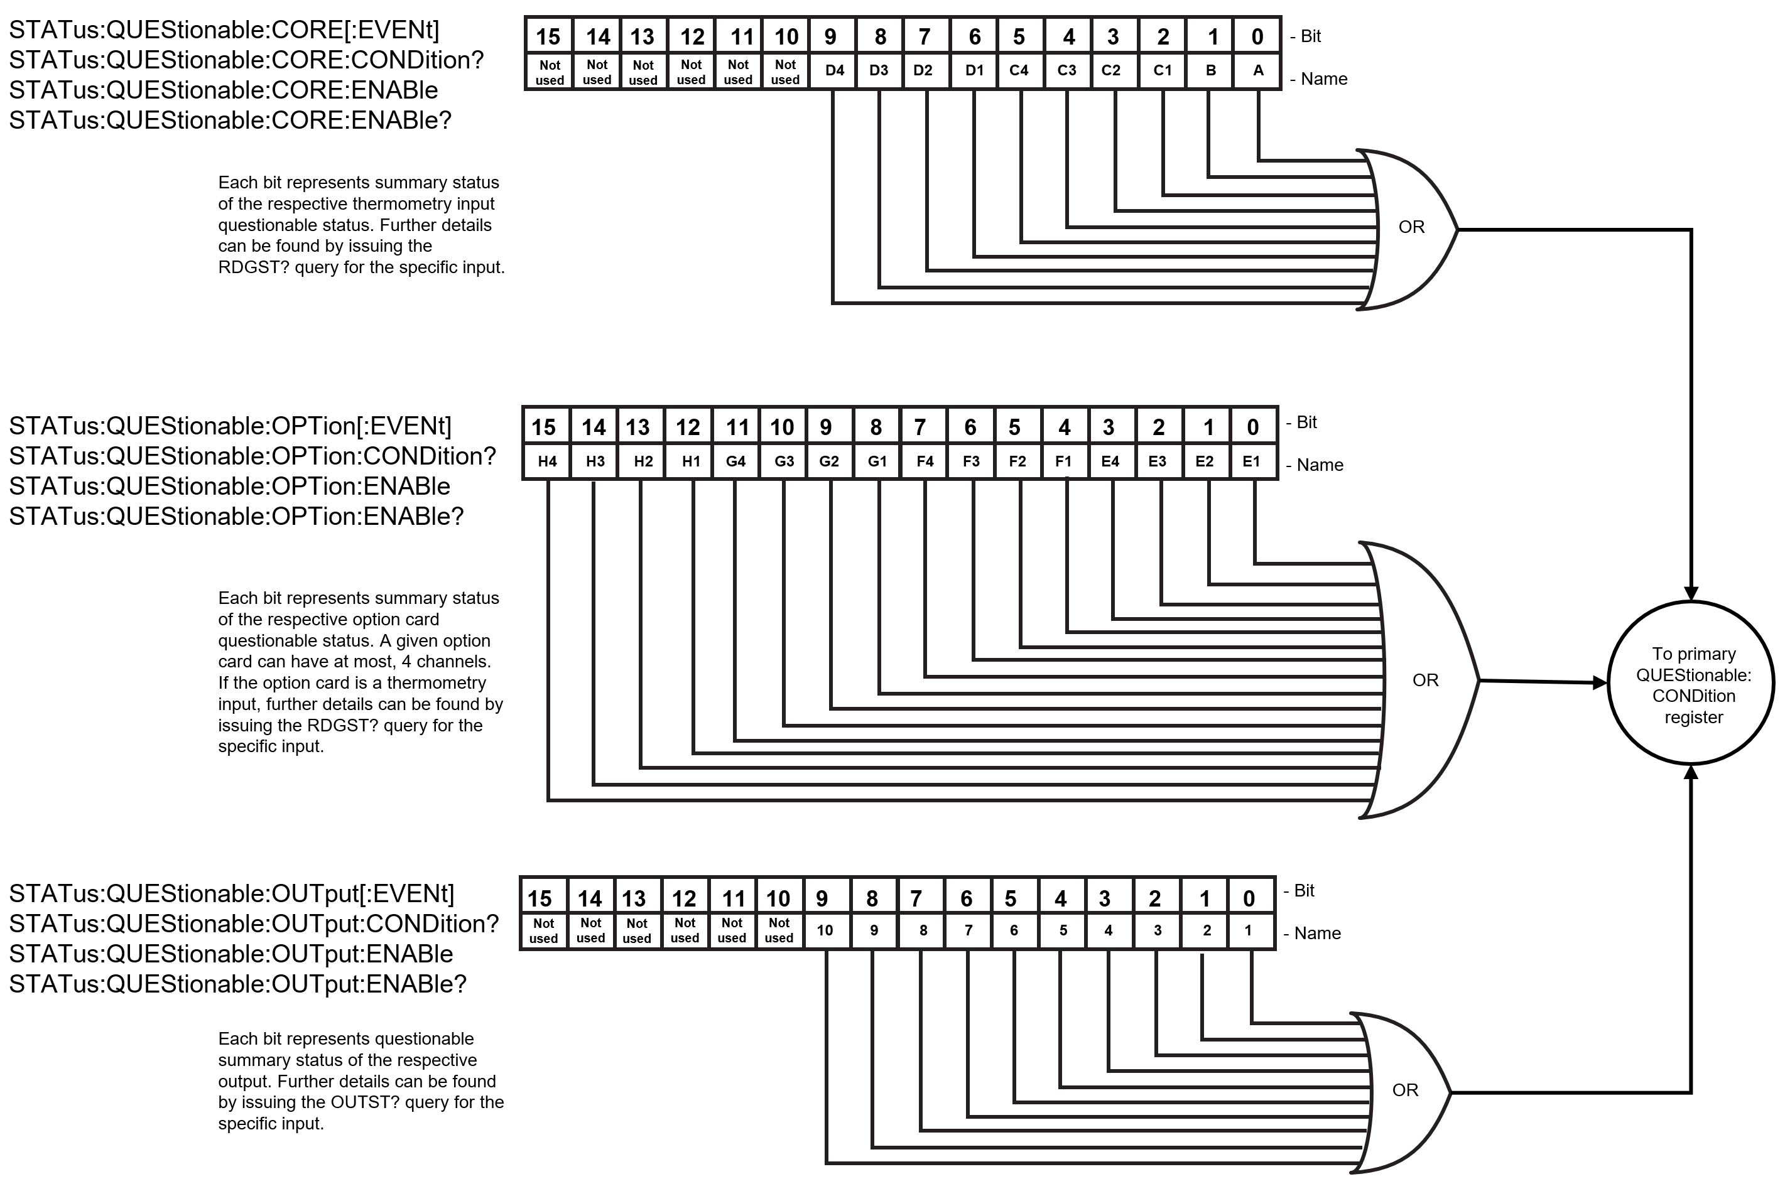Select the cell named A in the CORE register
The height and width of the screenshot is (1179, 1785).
[x=1257, y=72]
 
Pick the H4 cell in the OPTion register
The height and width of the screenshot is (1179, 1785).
[x=547, y=461]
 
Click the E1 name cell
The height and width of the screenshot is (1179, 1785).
[x=1252, y=461]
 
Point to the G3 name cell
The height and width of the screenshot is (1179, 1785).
[x=783, y=461]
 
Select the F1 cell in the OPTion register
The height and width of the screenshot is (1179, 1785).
[x=1063, y=461]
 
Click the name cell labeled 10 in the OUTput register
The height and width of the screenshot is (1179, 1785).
[x=825, y=931]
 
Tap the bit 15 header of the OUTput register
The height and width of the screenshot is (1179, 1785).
[x=540, y=897]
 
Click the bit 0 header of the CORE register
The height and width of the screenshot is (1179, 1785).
[x=1257, y=36]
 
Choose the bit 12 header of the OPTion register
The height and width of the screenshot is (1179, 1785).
[x=688, y=427]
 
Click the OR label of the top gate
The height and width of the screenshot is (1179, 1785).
[x=1411, y=227]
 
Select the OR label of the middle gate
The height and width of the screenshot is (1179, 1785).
[x=1426, y=681]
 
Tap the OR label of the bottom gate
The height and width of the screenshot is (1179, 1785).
[x=1405, y=1090]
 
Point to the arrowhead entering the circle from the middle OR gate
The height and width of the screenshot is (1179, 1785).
[x=1600, y=683]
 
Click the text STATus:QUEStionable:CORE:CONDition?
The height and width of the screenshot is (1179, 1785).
[x=246, y=60]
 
